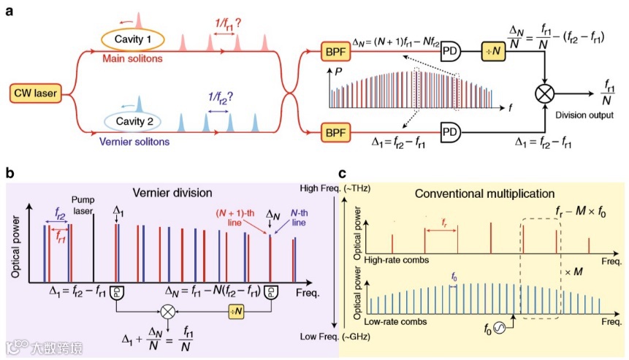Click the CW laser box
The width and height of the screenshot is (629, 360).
click(x=35, y=93)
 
